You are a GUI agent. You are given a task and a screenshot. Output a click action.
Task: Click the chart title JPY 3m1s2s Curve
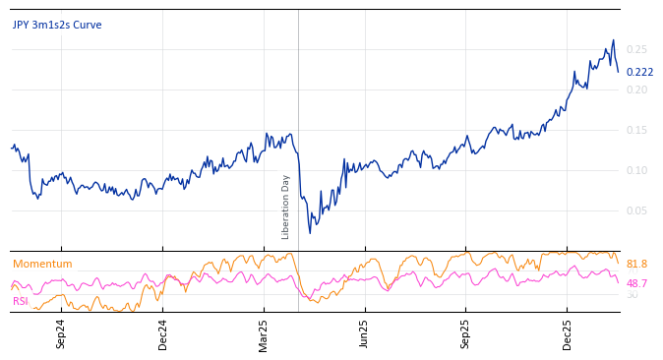click(57, 26)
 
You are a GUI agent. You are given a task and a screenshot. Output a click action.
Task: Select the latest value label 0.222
click(639, 72)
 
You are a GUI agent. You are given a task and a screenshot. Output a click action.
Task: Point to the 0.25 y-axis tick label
click(636, 49)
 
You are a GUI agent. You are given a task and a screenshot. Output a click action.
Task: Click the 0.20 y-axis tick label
click(636, 90)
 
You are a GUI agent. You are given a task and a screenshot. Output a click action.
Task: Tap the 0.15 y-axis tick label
click(636, 130)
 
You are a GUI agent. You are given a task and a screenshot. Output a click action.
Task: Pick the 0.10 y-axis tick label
click(636, 170)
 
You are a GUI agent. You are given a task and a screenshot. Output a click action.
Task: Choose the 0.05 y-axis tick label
click(636, 210)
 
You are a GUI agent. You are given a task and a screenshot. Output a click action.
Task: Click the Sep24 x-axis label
click(61, 333)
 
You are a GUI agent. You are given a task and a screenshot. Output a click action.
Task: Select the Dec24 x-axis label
click(162, 333)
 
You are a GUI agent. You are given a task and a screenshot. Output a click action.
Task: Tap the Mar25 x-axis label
click(264, 333)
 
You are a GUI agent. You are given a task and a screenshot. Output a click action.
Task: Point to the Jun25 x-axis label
click(364, 333)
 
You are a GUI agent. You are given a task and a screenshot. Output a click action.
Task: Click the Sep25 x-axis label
click(465, 333)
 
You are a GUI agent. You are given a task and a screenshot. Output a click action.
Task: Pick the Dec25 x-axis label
click(567, 333)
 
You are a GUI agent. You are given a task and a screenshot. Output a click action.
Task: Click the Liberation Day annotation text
click(286, 207)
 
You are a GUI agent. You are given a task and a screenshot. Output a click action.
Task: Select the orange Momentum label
click(42, 264)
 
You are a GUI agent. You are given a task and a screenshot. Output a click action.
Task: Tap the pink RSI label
click(21, 301)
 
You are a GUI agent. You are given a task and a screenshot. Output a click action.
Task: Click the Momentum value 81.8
click(636, 264)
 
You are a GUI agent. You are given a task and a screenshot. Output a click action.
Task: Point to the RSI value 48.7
click(636, 283)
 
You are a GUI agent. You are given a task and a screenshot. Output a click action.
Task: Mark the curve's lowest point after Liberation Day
click(310, 233)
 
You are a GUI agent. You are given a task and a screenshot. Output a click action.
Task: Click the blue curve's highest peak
click(614, 40)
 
